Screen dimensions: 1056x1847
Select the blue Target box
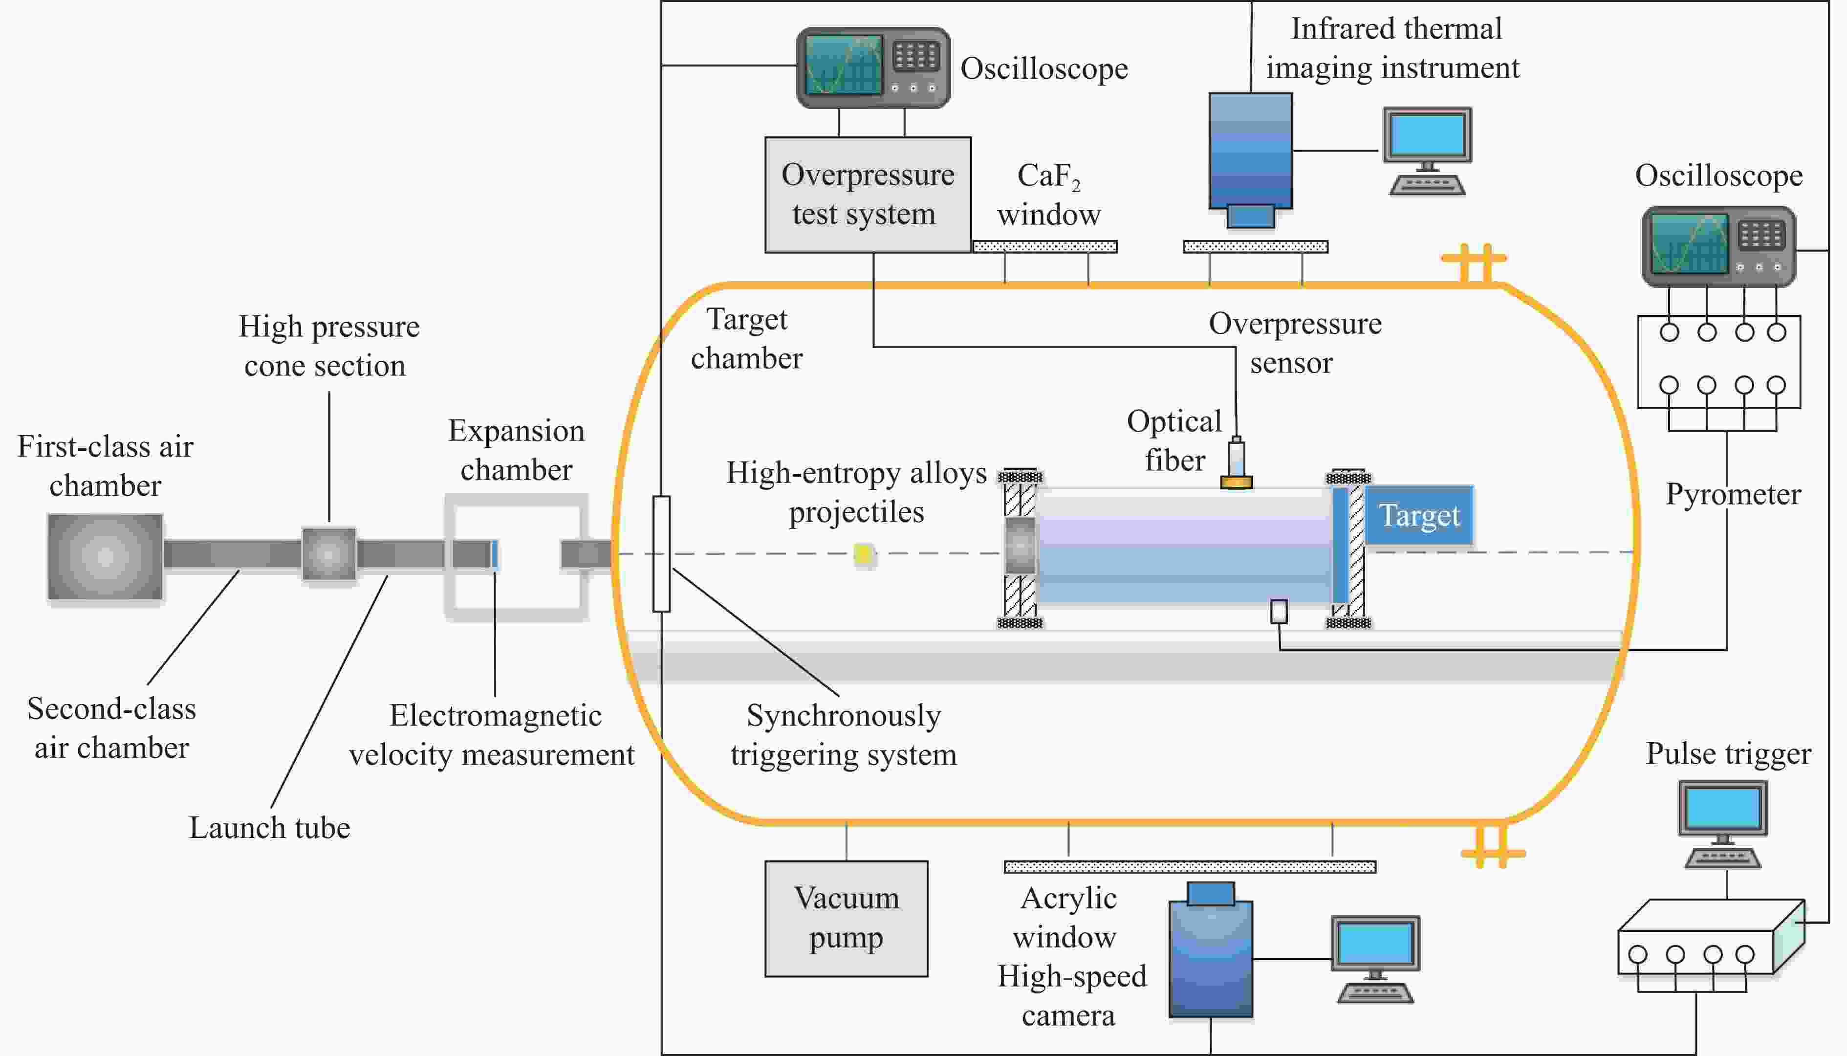(x=1418, y=516)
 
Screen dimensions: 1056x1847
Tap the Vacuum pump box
(x=846, y=918)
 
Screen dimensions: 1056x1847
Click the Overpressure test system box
(x=868, y=195)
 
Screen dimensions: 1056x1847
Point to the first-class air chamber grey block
(x=105, y=557)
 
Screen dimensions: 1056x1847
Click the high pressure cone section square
(x=328, y=554)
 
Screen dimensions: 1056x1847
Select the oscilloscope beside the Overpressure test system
(x=873, y=68)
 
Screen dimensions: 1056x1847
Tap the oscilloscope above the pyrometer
(x=1718, y=246)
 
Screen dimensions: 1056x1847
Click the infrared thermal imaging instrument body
(x=1250, y=153)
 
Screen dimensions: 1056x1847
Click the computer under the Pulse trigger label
(x=1723, y=824)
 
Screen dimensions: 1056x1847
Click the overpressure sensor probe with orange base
(x=1236, y=464)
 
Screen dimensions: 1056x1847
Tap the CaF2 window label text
(x=1048, y=195)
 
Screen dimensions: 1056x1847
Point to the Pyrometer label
(x=1733, y=494)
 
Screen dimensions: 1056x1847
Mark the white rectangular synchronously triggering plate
(x=661, y=554)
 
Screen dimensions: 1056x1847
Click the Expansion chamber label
(x=516, y=450)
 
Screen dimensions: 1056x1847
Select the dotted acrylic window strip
(x=1190, y=867)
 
